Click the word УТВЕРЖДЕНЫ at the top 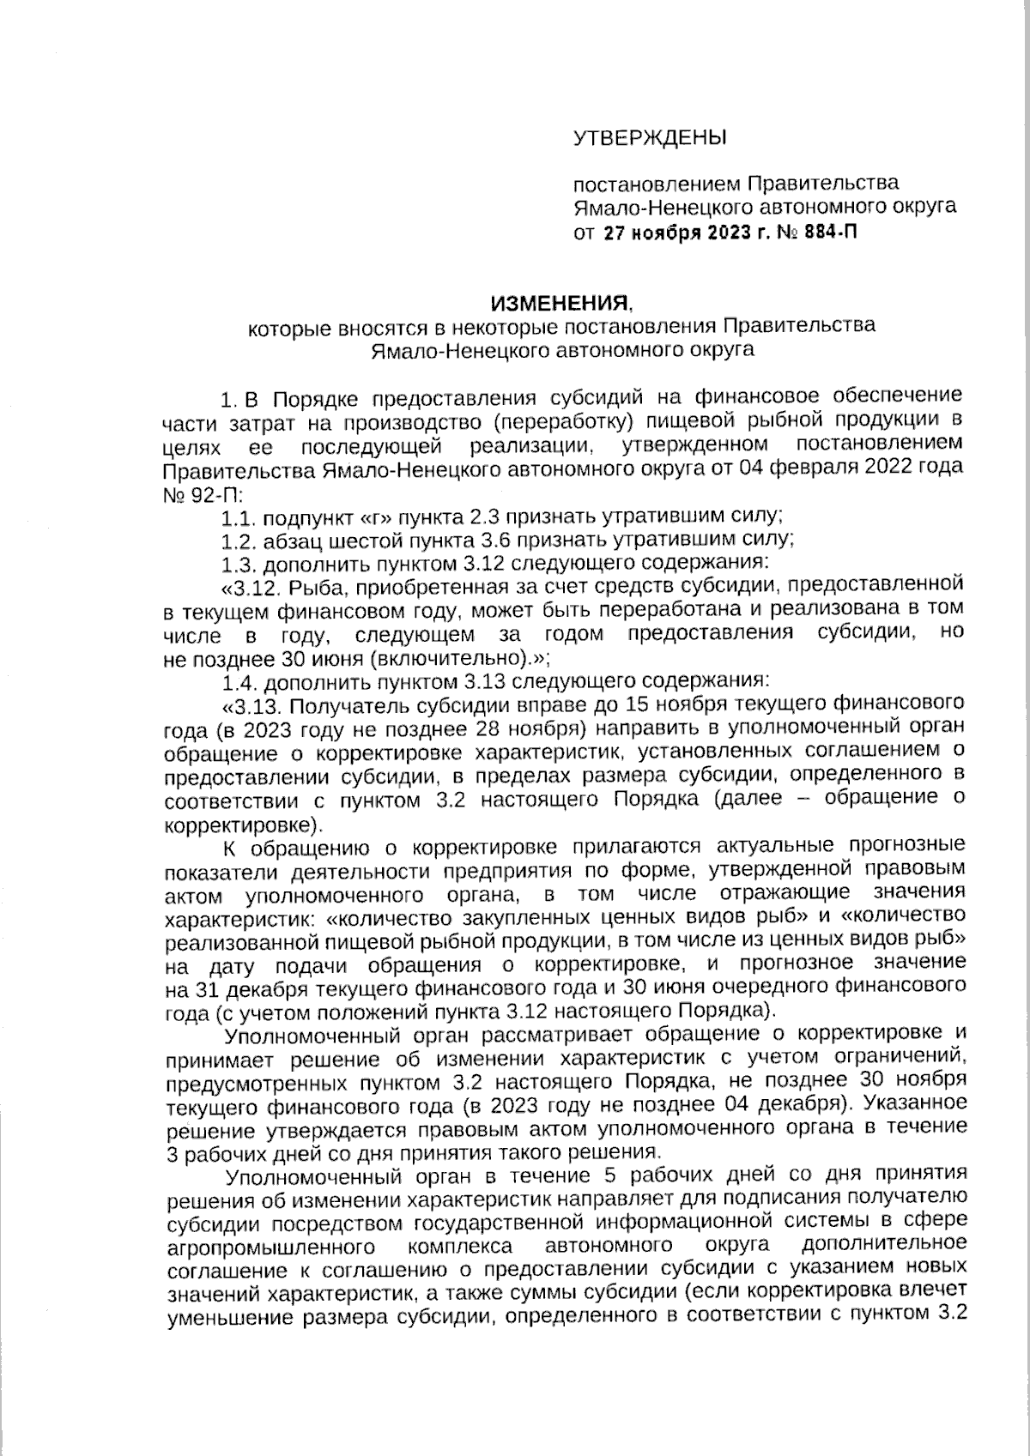(649, 137)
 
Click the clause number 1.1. (237, 518)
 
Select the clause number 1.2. (237, 541)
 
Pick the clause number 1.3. (237, 565)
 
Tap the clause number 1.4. (237, 684)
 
